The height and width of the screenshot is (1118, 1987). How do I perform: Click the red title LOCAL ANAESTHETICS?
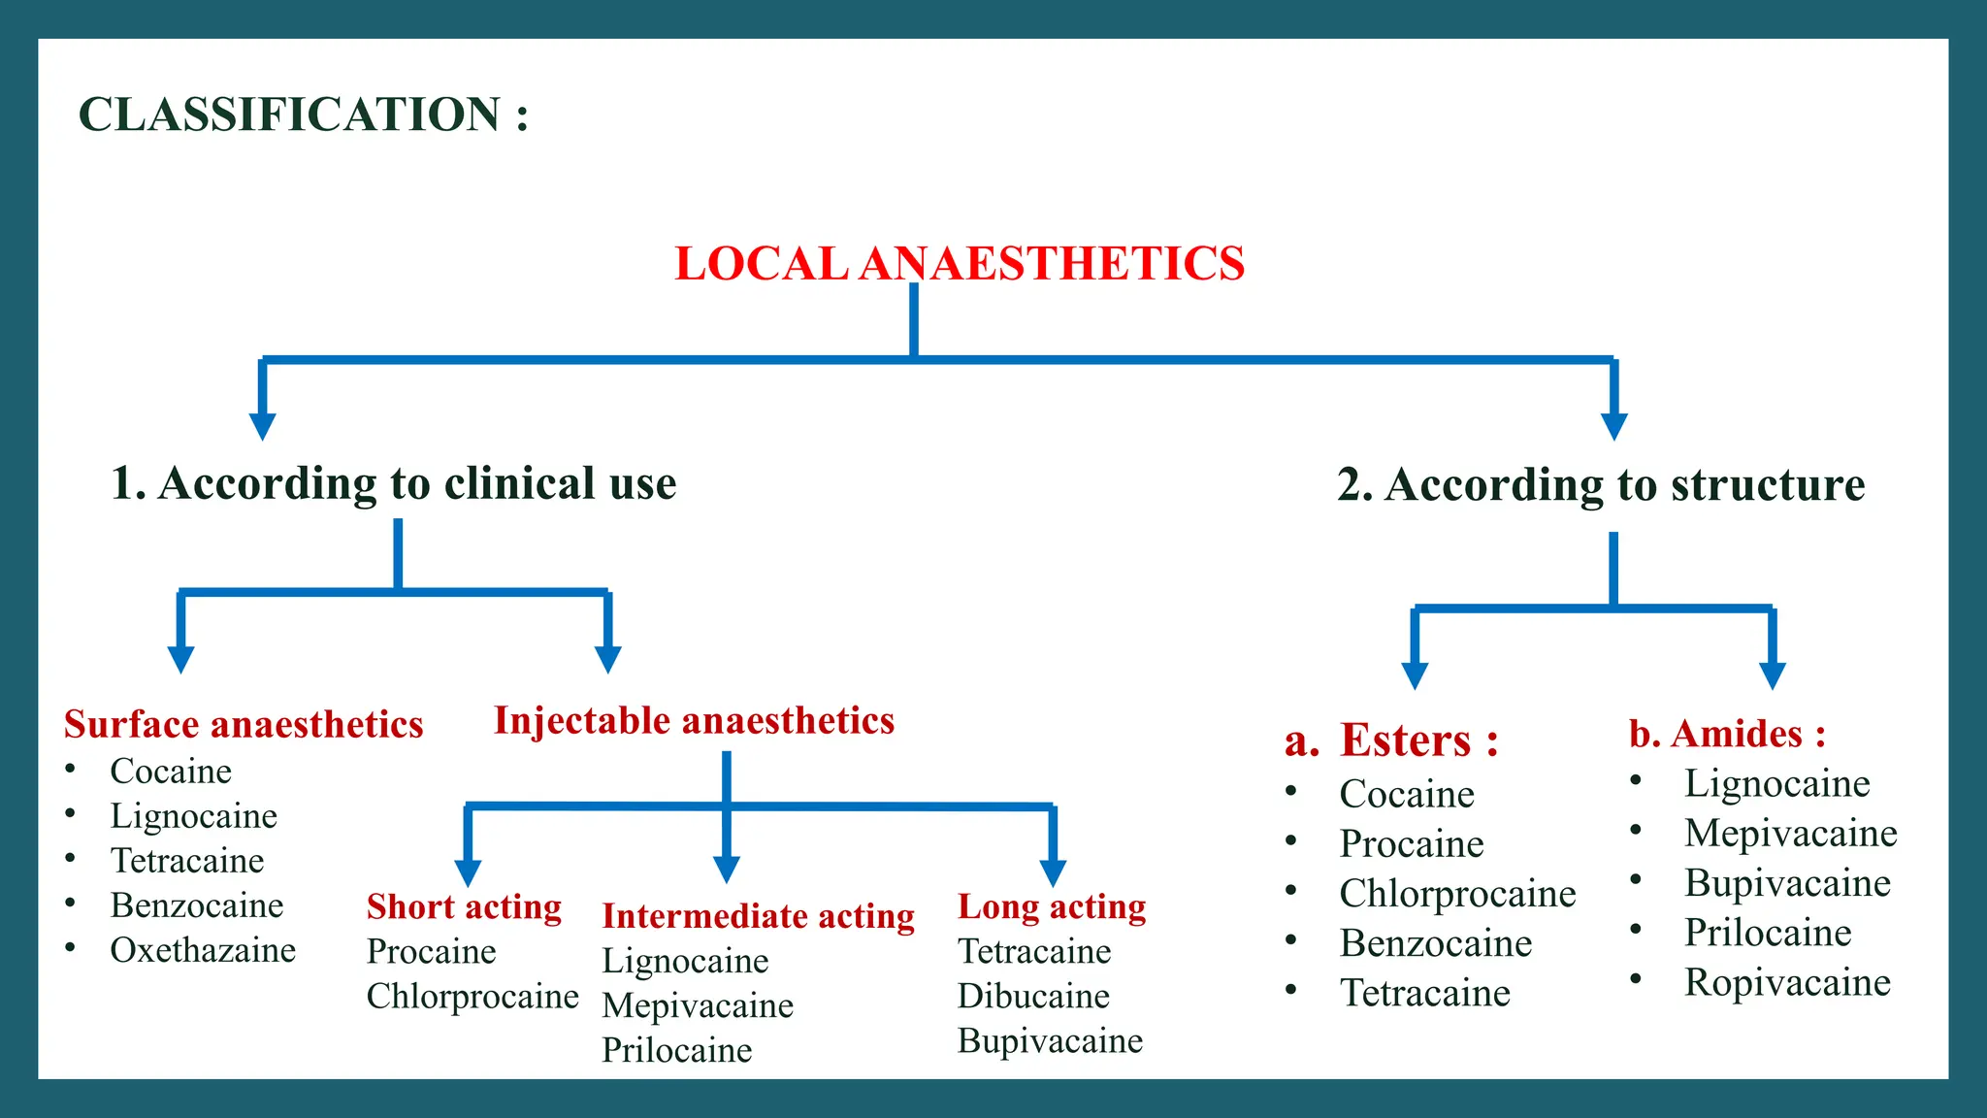click(x=959, y=264)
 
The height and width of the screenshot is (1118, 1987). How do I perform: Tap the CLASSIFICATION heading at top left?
click(x=303, y=115)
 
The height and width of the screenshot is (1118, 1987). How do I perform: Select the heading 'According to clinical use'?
click(x=394, y=483)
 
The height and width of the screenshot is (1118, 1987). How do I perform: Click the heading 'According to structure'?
click(x=1601, y=485)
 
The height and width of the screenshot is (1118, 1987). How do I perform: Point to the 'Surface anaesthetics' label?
click(x=244, y=725)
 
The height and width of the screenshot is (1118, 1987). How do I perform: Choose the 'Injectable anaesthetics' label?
click(x=694, y=721)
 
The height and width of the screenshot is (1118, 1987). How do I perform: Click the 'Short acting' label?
click(x=464, y=906)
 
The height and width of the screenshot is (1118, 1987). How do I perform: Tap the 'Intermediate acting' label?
click(x=758, y=916)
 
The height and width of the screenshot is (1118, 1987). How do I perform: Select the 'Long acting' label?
click(x=1052, y=906)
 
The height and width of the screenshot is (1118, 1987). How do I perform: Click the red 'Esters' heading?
click(x=1418, y=741)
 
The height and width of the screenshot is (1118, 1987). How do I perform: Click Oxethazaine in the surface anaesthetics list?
click(x=203, y=950)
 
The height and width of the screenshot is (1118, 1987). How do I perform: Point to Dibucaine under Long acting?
click(x=1033, y=997)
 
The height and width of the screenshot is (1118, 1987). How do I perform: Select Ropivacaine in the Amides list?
click(x=1787, y=983)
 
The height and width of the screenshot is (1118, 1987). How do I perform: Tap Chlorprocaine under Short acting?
click(x=472, y=997)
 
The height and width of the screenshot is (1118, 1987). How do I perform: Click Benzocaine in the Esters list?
click(x=1436, y=943)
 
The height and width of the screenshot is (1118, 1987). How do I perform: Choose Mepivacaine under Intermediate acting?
click(x=698, y=1006)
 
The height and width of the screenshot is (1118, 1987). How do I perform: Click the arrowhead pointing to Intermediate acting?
click(x=727, y=869)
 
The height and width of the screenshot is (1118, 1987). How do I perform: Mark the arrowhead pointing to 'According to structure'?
click(x=1613, y=426)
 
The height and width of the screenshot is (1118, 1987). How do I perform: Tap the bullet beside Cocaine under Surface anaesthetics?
click(x=71, y=770)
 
